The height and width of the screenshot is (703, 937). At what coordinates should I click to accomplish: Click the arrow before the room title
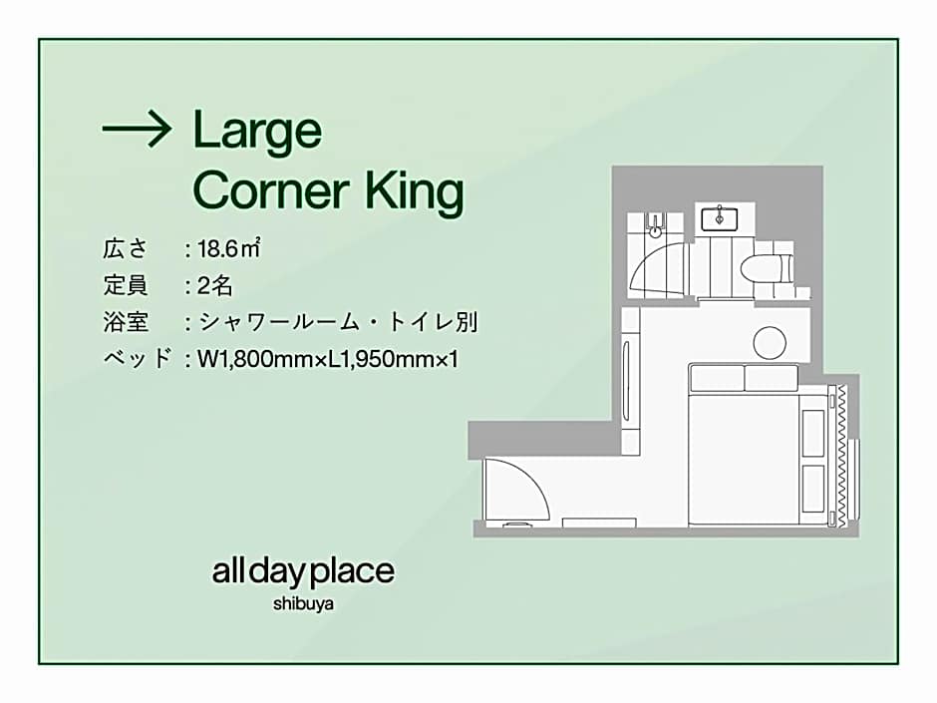tap(138, 129)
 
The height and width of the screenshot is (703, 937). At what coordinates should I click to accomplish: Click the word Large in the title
tap(257, 133)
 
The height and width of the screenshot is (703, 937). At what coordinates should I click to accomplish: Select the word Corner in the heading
tap(271, 190)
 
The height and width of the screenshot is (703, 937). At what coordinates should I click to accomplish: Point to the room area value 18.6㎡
tap(229, 248)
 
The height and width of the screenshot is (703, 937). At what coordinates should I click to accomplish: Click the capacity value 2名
tap(215, 286)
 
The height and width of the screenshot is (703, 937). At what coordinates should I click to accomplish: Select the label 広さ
tap(125, 248)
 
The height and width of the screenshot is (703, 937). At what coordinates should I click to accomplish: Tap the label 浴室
tap(125, 322)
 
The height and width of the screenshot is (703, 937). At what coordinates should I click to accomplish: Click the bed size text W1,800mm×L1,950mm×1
tap(328, 359)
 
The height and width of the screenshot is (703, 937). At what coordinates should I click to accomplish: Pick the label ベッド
tap(138, 359)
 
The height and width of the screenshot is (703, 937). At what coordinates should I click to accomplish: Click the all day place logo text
tap(303, 572)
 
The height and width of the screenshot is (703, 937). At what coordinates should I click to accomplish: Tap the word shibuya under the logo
tap(303, 603)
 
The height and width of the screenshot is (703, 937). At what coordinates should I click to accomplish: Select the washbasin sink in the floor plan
tap(719, 218)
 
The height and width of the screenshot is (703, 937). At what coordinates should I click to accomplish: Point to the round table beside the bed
tap(770, 343)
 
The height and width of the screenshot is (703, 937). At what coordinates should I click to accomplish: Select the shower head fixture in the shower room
tap(655, 224)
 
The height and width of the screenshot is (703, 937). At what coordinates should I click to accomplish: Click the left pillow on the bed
tap(717, 377)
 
